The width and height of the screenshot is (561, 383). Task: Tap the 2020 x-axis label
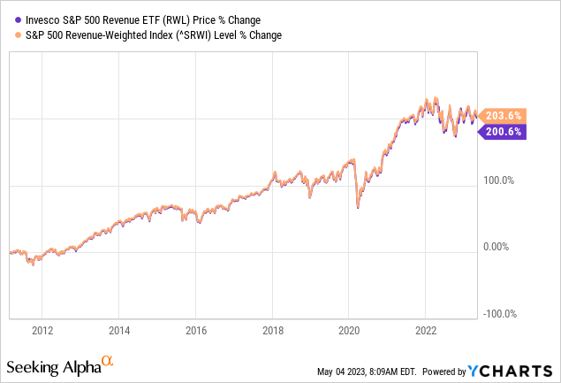(x=349, y=331)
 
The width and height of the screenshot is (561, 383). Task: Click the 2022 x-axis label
(x=426, y=331)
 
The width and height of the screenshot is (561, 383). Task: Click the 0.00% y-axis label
(x=501, y=247)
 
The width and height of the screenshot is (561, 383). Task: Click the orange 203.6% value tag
(x=502, y=116)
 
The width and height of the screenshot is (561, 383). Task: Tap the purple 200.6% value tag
(x=502, y=132)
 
